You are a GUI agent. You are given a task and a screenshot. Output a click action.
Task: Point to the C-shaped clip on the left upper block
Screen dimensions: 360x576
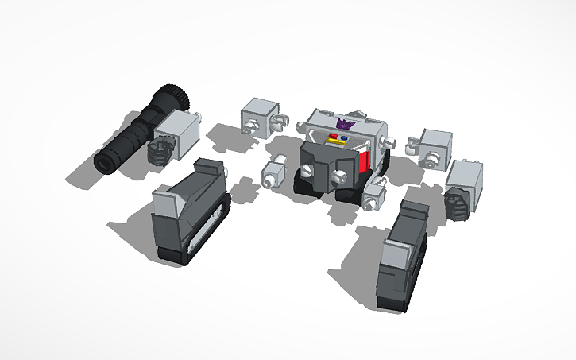click(280, 122)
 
